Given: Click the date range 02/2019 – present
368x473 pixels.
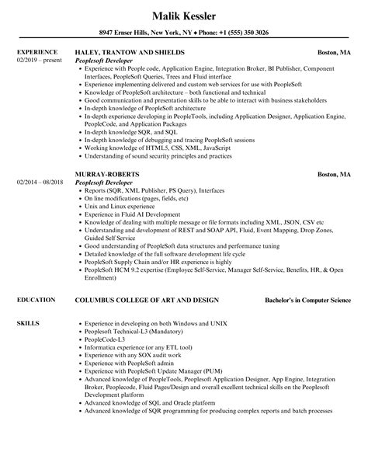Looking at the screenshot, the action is pos(38,60).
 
